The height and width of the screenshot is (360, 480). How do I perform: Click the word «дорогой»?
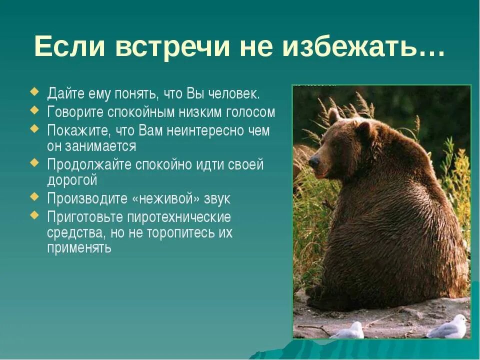tap(72, 180)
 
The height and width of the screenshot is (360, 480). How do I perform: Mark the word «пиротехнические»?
tap(179, 217)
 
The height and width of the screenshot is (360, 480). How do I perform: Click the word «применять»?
tap(79, 248)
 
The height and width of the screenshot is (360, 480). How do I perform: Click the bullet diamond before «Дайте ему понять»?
tap(34, 92)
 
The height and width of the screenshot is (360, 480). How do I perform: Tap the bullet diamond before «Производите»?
tap(34, 197)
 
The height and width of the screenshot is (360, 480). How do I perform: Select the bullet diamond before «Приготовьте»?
tap(34, 216)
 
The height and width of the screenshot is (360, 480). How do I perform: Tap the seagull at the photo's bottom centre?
tap(349, 331)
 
